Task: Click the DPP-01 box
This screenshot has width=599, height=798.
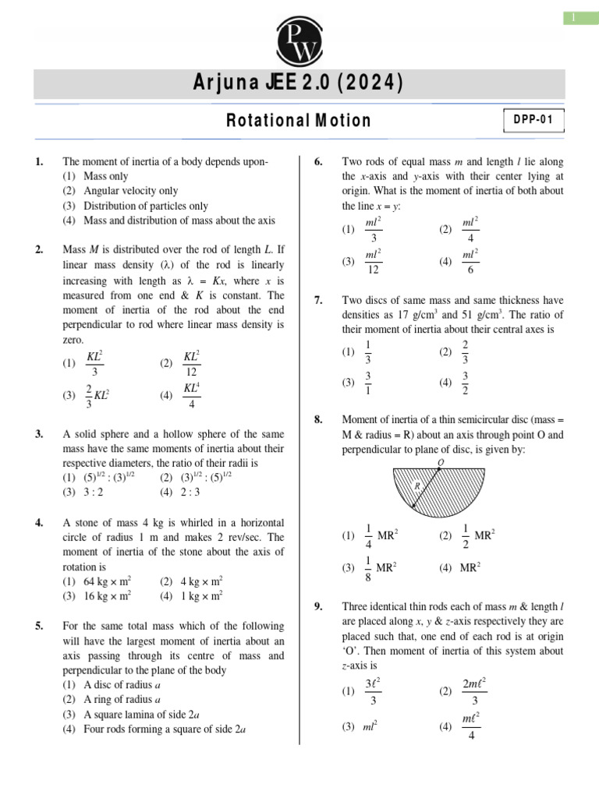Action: click(x=533, y=121)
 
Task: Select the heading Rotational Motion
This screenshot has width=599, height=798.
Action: click(x=299, y=121)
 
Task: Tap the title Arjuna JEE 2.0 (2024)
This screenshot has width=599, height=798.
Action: click(x=299, y=83)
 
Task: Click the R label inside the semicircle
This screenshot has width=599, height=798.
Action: click(x=417, y=485)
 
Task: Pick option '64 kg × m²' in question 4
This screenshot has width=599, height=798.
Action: click(x=107, y=581)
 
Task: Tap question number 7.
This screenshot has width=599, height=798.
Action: click(x=318, y=300)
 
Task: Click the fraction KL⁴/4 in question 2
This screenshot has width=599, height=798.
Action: click(x=192, y=395)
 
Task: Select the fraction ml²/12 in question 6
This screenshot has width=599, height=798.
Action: click(x=373, y=262)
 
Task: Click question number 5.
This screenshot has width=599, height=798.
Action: click(x=39, y=626)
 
